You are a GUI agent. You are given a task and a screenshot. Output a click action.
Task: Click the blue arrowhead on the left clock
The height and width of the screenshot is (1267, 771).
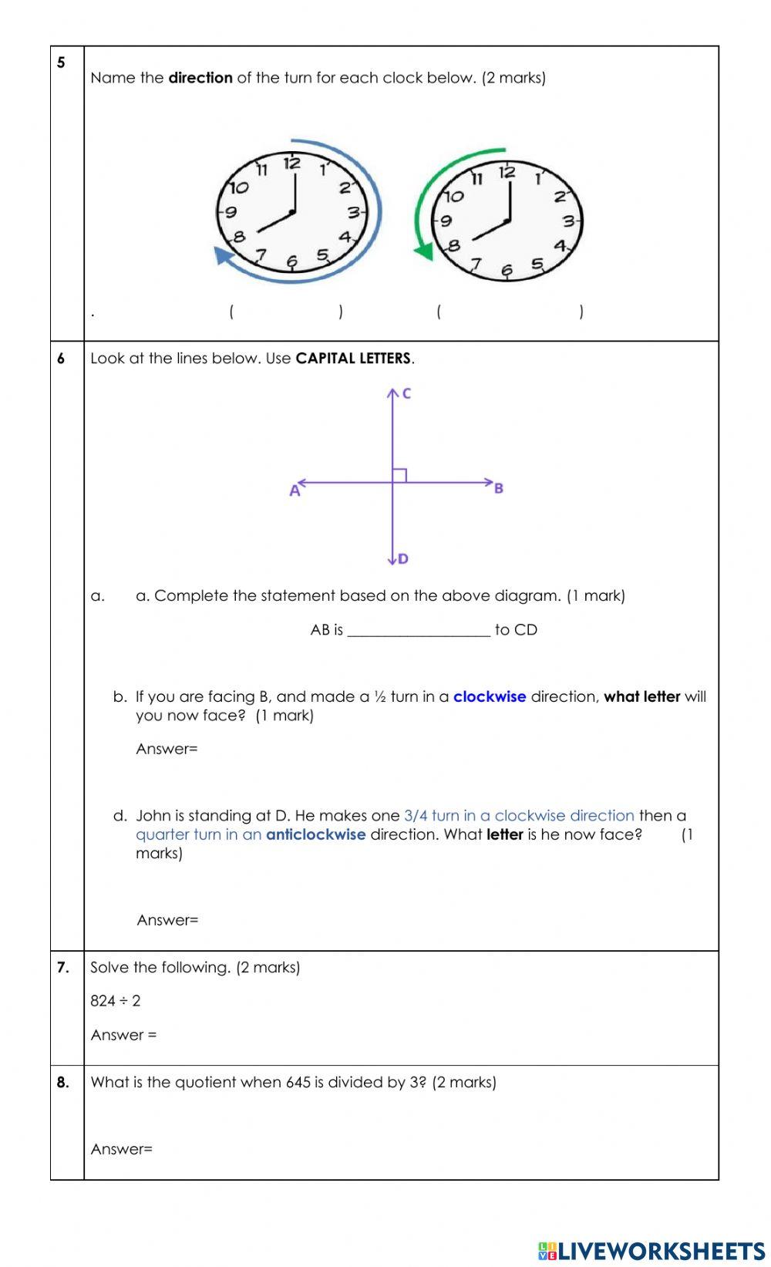click(223, 256)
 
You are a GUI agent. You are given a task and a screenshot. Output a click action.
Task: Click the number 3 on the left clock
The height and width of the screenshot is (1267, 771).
click(353, 214)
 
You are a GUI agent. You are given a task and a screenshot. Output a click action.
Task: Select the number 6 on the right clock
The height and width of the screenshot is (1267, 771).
click(507, 271)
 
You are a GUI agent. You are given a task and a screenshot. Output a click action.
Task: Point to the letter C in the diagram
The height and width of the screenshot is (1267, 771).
click(406, 393)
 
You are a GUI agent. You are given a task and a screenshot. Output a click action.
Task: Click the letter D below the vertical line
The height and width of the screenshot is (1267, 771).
click(402, 558)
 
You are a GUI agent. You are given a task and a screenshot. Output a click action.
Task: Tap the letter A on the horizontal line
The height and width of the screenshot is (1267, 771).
click(294, 490)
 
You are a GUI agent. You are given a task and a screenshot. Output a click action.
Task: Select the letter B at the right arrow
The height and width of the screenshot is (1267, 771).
click(498, 488)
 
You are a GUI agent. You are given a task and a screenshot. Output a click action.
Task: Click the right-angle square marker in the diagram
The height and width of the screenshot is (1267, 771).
click(399, 476)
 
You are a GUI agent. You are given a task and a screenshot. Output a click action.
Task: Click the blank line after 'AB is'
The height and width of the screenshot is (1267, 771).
click(419, 631)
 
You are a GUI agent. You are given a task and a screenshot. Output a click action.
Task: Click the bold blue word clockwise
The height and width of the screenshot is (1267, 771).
click(490, 696)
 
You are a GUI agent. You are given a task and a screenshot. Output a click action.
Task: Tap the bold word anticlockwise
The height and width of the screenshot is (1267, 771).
click(315, 834)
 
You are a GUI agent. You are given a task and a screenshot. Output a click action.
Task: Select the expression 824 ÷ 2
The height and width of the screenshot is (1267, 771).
click(116, 1001)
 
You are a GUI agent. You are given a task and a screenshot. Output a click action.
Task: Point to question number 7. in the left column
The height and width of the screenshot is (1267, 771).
click(63, 967)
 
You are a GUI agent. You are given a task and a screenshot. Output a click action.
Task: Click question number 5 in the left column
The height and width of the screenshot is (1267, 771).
click(61, 62)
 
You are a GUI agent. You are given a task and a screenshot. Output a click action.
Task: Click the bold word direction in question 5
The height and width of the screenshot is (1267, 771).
click(200, 78)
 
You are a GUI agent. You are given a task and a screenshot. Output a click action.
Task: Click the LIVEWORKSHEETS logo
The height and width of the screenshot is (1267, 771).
click(651, 1250)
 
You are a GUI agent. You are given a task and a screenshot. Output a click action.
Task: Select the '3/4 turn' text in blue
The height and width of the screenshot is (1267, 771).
click(431, 815)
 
